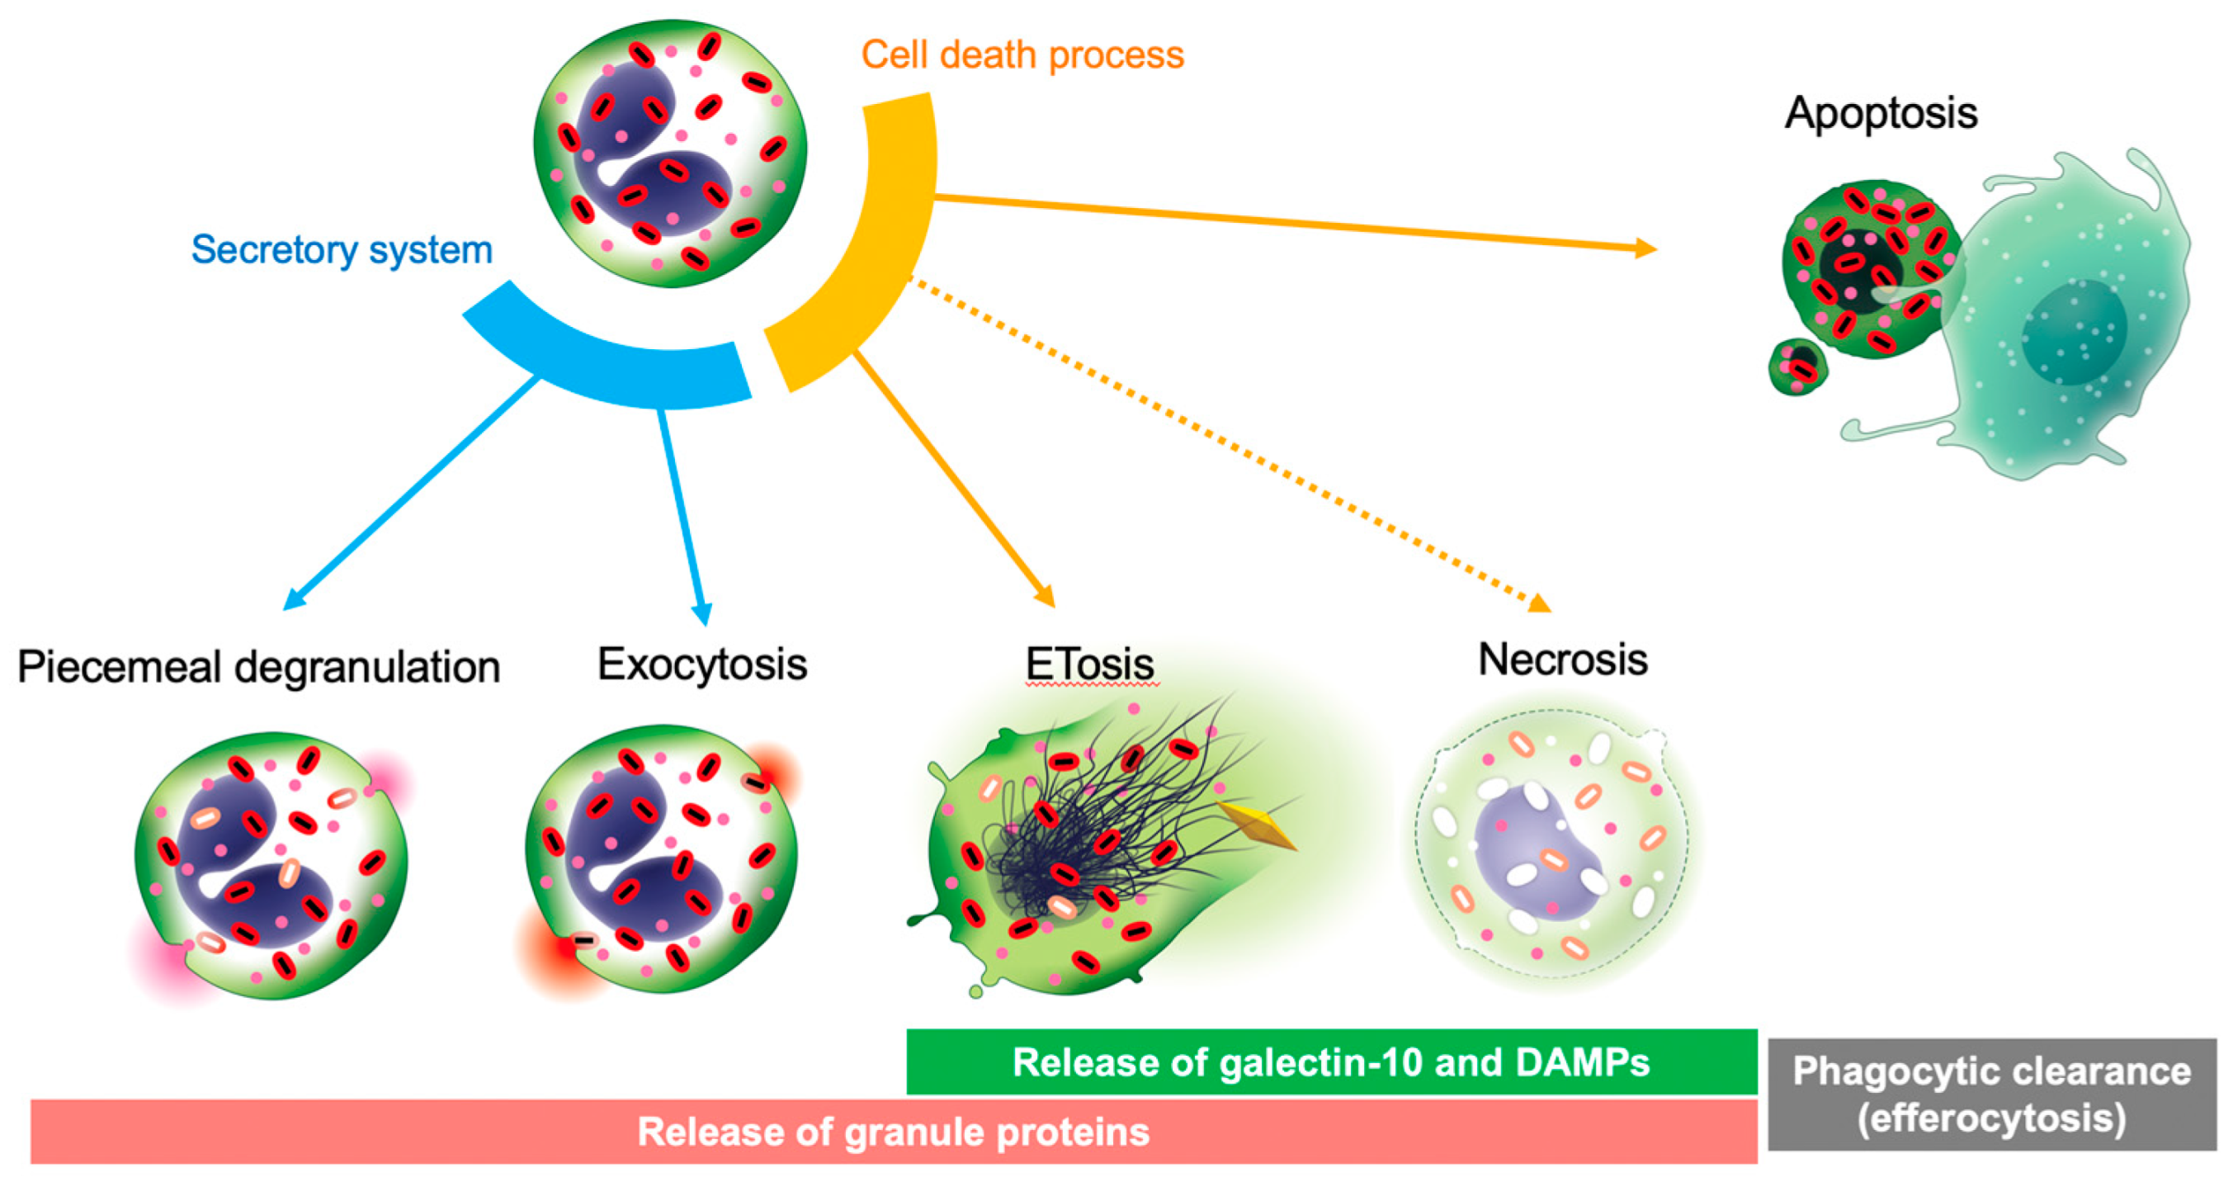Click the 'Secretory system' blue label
coord(342,250)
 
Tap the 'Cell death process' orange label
coord(1022,54)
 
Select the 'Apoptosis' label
coord(1880,114)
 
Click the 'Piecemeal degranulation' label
coord(258,667)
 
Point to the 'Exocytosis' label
coord(702,664)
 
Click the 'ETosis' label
coord(1089,664)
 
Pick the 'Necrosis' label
coord(1562,660)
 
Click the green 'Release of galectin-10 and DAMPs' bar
coord(1330,1061)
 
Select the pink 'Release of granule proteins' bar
coord(893,1132)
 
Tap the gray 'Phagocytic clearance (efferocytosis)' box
coord(1991,1095)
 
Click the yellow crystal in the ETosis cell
coord(1257,826)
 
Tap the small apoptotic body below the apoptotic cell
coord(1796,366)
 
